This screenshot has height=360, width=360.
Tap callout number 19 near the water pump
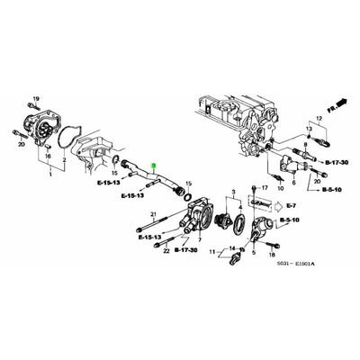[35, 96]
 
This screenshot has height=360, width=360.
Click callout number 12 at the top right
[318, 120]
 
